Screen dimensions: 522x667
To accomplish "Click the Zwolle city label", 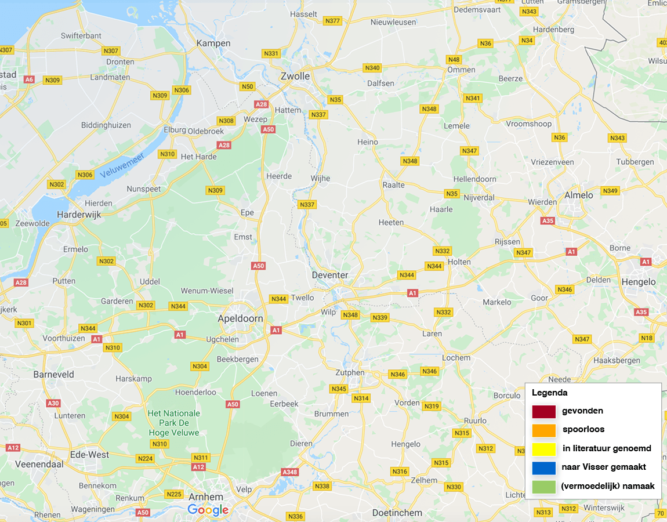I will [295, 76].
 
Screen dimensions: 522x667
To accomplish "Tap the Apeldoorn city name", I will [240, 318].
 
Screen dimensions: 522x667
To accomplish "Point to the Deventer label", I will [329, 275].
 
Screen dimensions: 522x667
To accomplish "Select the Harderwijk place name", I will [79, 214].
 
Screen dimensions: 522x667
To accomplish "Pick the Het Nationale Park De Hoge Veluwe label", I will [173, 423].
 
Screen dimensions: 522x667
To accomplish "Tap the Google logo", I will [208, 510].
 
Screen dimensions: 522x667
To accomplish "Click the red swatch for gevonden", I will [543, 411].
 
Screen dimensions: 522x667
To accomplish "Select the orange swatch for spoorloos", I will [543, 430].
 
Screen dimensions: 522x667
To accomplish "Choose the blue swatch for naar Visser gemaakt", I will [543, 467].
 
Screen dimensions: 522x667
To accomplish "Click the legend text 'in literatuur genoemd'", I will [606, 448].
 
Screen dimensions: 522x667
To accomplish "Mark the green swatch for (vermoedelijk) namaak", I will [543, 487].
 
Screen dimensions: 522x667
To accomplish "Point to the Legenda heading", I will [549, 393].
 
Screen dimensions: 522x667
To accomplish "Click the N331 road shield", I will [271, 53].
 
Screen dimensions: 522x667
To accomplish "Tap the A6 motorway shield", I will [30, 79].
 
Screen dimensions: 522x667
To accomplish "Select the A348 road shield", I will [289, 472].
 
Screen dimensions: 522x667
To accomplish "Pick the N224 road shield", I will [146, 459].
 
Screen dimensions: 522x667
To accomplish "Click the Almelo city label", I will [579, 195].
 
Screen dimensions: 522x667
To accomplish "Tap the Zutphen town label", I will [350, 372].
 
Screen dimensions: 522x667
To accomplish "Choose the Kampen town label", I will [213, 43].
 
